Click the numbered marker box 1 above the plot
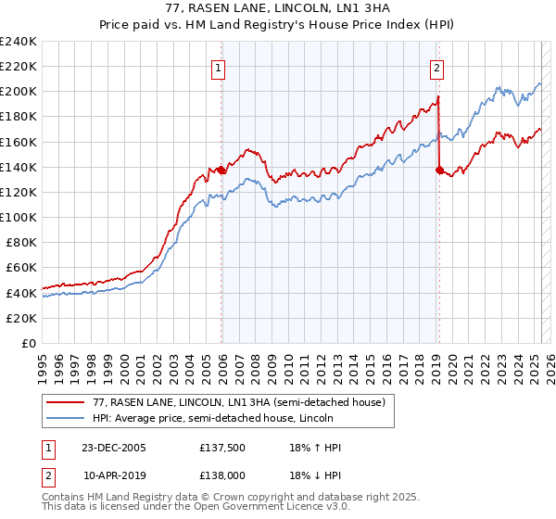pyautogui.click(x=217, y=67)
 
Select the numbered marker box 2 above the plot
pyautogui.click(x=436, y=67)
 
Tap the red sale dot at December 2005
pyautogui.click(x=221, y=171)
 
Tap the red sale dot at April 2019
pyautogui.click(x=439, y=170)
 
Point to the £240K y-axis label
pyautogui.click(x=18, y=42)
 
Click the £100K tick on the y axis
pyautogui.click(x=18, y=217)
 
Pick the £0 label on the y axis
pyautogui.click(x=27, y=343)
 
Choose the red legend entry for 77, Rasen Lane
pyautogui.click(x=232, y=401)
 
